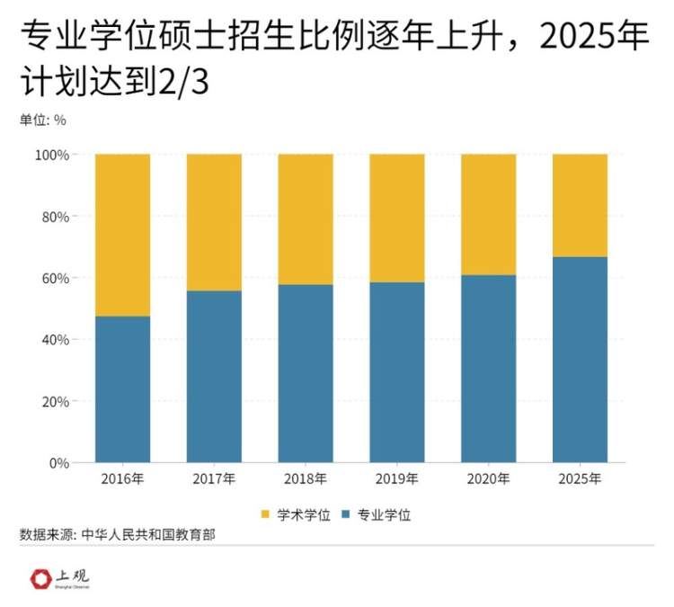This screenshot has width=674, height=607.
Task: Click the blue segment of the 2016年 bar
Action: [x=122, y=388]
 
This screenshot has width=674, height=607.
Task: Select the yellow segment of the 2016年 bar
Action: [x=122, y=235]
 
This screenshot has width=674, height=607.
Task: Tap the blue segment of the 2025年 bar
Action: [x=580, y=360]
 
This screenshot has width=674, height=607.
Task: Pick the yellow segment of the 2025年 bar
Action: [x=580, y=205]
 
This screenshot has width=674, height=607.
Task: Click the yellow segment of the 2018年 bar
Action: [x=306, y=219]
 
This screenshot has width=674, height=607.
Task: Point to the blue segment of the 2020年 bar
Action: [x=488, y=369]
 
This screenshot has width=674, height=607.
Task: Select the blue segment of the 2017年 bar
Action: [x=214, y=376]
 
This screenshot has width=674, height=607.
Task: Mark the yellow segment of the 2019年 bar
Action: [x=396, y=218]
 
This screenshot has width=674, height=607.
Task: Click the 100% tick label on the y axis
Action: [x=51, y=155]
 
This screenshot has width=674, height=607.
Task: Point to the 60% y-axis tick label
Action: [x=55, y=278]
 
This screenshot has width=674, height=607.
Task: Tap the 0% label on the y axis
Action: [x=58, y=463]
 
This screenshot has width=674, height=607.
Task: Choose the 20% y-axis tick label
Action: [x=55, y=401]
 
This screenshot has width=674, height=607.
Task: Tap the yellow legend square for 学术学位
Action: [x=265, y=514]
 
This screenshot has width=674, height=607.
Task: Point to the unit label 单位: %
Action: [x=42, y=119]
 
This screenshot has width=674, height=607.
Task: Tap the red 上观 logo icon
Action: [x=40, y=577]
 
